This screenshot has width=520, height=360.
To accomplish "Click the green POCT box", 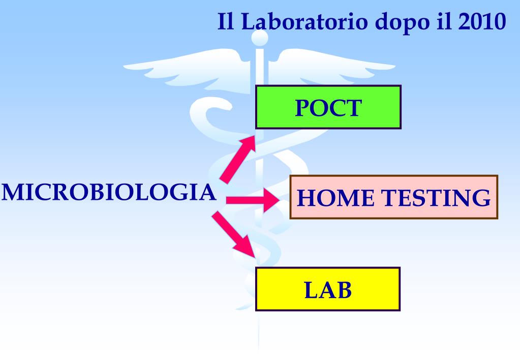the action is coord(328,106).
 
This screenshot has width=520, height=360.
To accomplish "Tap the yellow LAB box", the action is coord(328,289).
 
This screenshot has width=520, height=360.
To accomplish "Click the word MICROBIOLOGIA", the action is coord(108,193).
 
